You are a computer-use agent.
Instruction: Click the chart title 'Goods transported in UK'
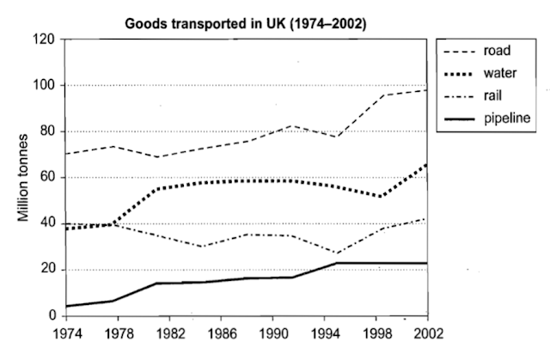click(x=246, y=24)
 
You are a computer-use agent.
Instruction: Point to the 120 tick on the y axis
click(x=46, y=40)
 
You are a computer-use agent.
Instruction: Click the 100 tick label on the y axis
click(x=46, y=86)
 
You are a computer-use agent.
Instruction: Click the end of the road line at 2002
click(x=426, y=90)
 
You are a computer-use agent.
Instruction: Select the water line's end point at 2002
click(x=426, y=164)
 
